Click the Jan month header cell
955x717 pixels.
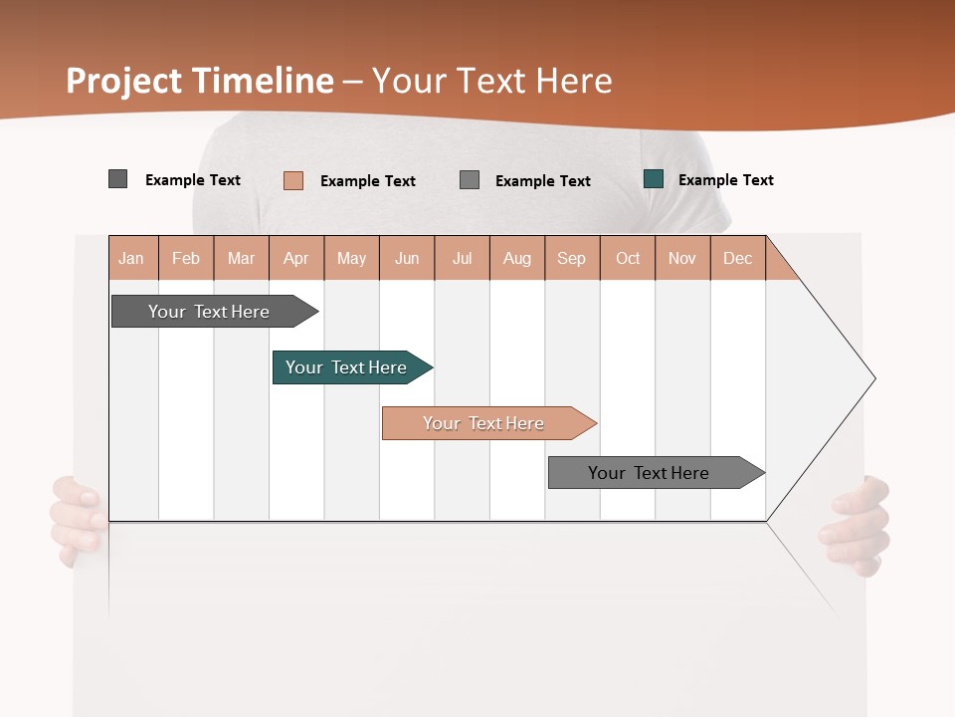132,258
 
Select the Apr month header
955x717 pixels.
296,258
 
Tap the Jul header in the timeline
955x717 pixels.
462,258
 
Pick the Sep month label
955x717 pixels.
571,258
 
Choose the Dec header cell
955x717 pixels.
737,258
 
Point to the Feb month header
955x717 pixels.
186,258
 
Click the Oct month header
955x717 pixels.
628,258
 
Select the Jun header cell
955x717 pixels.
407,258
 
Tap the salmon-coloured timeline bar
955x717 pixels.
484,423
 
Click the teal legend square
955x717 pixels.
654,179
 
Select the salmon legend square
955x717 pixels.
293,180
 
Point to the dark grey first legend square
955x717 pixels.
118,179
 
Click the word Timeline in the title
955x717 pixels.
263,81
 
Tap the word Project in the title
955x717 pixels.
124,81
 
